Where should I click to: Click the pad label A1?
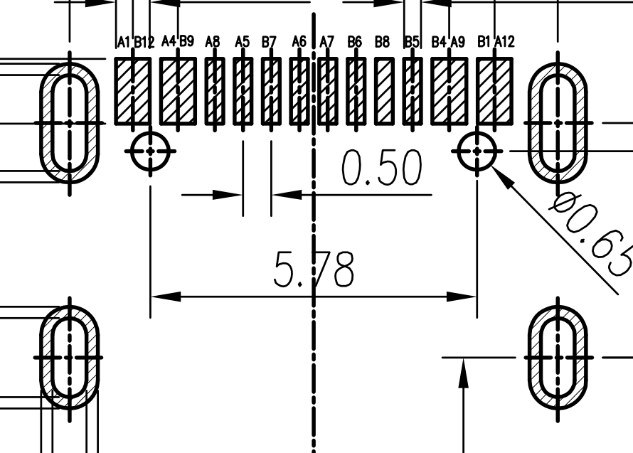coord(124,41)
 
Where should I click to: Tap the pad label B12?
coord(144,42)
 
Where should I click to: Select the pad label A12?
coord(505,41)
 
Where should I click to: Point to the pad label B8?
coord(383,41)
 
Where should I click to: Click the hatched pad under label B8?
coord(384,91)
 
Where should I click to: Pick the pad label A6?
coord(299,41)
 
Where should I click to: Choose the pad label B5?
coord(412,41)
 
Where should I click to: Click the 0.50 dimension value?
coord(382,168)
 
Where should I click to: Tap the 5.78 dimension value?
coord(314,270)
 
